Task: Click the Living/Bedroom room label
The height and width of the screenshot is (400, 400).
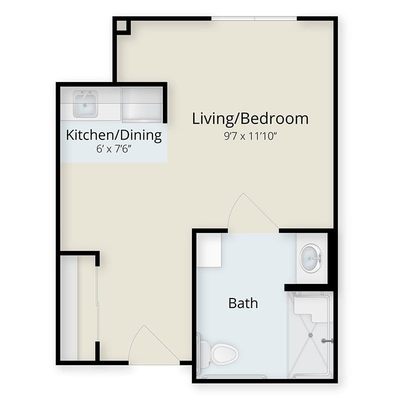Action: point(250,119)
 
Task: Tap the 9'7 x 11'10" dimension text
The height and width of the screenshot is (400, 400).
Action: point(250,136)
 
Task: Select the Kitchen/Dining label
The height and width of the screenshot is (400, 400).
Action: point(114,135)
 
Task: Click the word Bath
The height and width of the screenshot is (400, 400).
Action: point(243,303)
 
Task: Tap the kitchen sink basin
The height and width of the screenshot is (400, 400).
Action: point(85,104)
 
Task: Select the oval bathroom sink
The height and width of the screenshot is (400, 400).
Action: point(310,258)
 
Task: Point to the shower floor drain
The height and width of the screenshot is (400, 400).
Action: point(310,335)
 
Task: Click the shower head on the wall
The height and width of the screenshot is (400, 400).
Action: point(327,341)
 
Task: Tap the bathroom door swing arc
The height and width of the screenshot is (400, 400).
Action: point(252,211)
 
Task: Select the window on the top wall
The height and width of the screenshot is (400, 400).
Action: point(254,18)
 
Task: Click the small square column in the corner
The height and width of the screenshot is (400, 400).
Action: point(121,26)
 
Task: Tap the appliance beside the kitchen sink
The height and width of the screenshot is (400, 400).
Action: point(141,104)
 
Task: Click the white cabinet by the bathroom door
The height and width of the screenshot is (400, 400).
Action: point(208,250)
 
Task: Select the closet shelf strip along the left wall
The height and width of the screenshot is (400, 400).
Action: point(69,308)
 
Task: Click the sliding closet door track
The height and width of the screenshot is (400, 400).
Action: point(97,304)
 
